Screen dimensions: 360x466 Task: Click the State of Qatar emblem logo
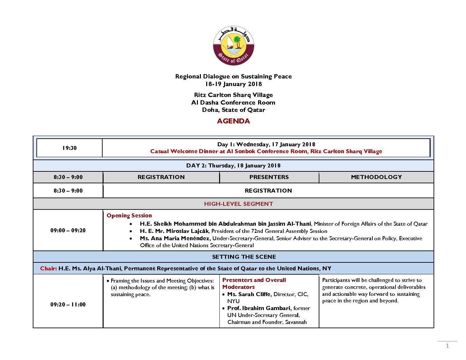click(x=233, y=45)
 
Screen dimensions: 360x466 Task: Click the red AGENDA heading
click(x=233, y=121)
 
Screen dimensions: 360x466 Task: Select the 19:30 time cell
click(x=69, y=148)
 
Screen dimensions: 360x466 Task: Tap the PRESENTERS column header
click(x=269, y=177)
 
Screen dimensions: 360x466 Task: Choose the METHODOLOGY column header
click(x=376, y=177)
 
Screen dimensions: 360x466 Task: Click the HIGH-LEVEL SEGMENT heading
click(x=238, y=204)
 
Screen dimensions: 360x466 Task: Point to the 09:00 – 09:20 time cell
click(x=68, y=230)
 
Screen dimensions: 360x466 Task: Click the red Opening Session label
click(x=129, y=215)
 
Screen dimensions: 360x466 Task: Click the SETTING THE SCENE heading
click(x=244, y=257)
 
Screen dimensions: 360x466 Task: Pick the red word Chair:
click(x=48, y=268)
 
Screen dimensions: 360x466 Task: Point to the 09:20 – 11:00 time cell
click(x=68, y=304)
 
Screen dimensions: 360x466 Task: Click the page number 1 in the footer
click(x=447, y=346)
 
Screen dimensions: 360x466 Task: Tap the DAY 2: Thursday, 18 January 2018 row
click(x=233, y=165)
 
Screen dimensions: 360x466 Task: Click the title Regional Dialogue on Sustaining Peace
click(x=233, y=76)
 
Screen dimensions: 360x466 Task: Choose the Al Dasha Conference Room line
click(x=233, y=103)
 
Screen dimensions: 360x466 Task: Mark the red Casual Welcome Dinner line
click(x=266, y=151)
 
